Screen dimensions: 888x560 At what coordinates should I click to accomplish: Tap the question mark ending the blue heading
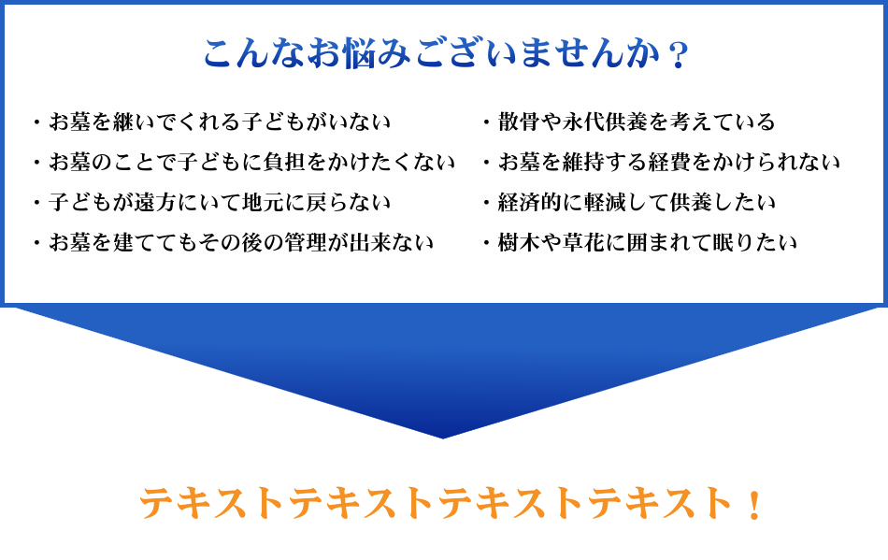pyautogui.click(x=678, y=55)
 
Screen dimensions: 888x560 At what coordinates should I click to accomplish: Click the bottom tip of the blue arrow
pyautogui.click(x=443, y=438)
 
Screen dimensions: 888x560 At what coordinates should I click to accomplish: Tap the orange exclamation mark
pyautogui.click(x=754, y=505)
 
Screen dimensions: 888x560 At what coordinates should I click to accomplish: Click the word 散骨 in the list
pyautogui.click(x=520, y=122)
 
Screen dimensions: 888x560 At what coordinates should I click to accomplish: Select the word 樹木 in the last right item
pyautogui.click(x=520, y=242)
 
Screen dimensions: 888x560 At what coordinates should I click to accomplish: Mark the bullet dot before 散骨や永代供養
pyautogui.click(x=486, y=122)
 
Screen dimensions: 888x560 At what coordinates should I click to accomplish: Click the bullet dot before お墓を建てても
pyautogui.click(x=36, y=243)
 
